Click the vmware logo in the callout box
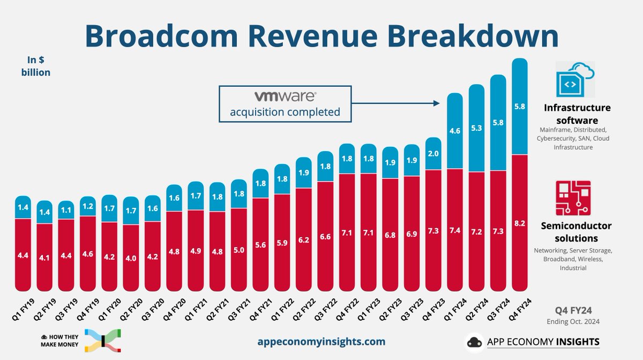(x=285, y=97)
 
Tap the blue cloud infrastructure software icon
(x=575, y=79)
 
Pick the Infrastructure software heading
(x=577, y=114)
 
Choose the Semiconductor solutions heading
(x=577, y=232)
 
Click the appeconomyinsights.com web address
(x=322, y=341)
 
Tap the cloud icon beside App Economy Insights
(x=475, y=341)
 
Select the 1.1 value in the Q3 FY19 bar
(x=65, y=210)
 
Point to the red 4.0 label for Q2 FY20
(x=130, y=258)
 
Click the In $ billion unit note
(x=39, y=66)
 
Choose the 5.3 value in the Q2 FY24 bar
(x=476, y=127)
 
